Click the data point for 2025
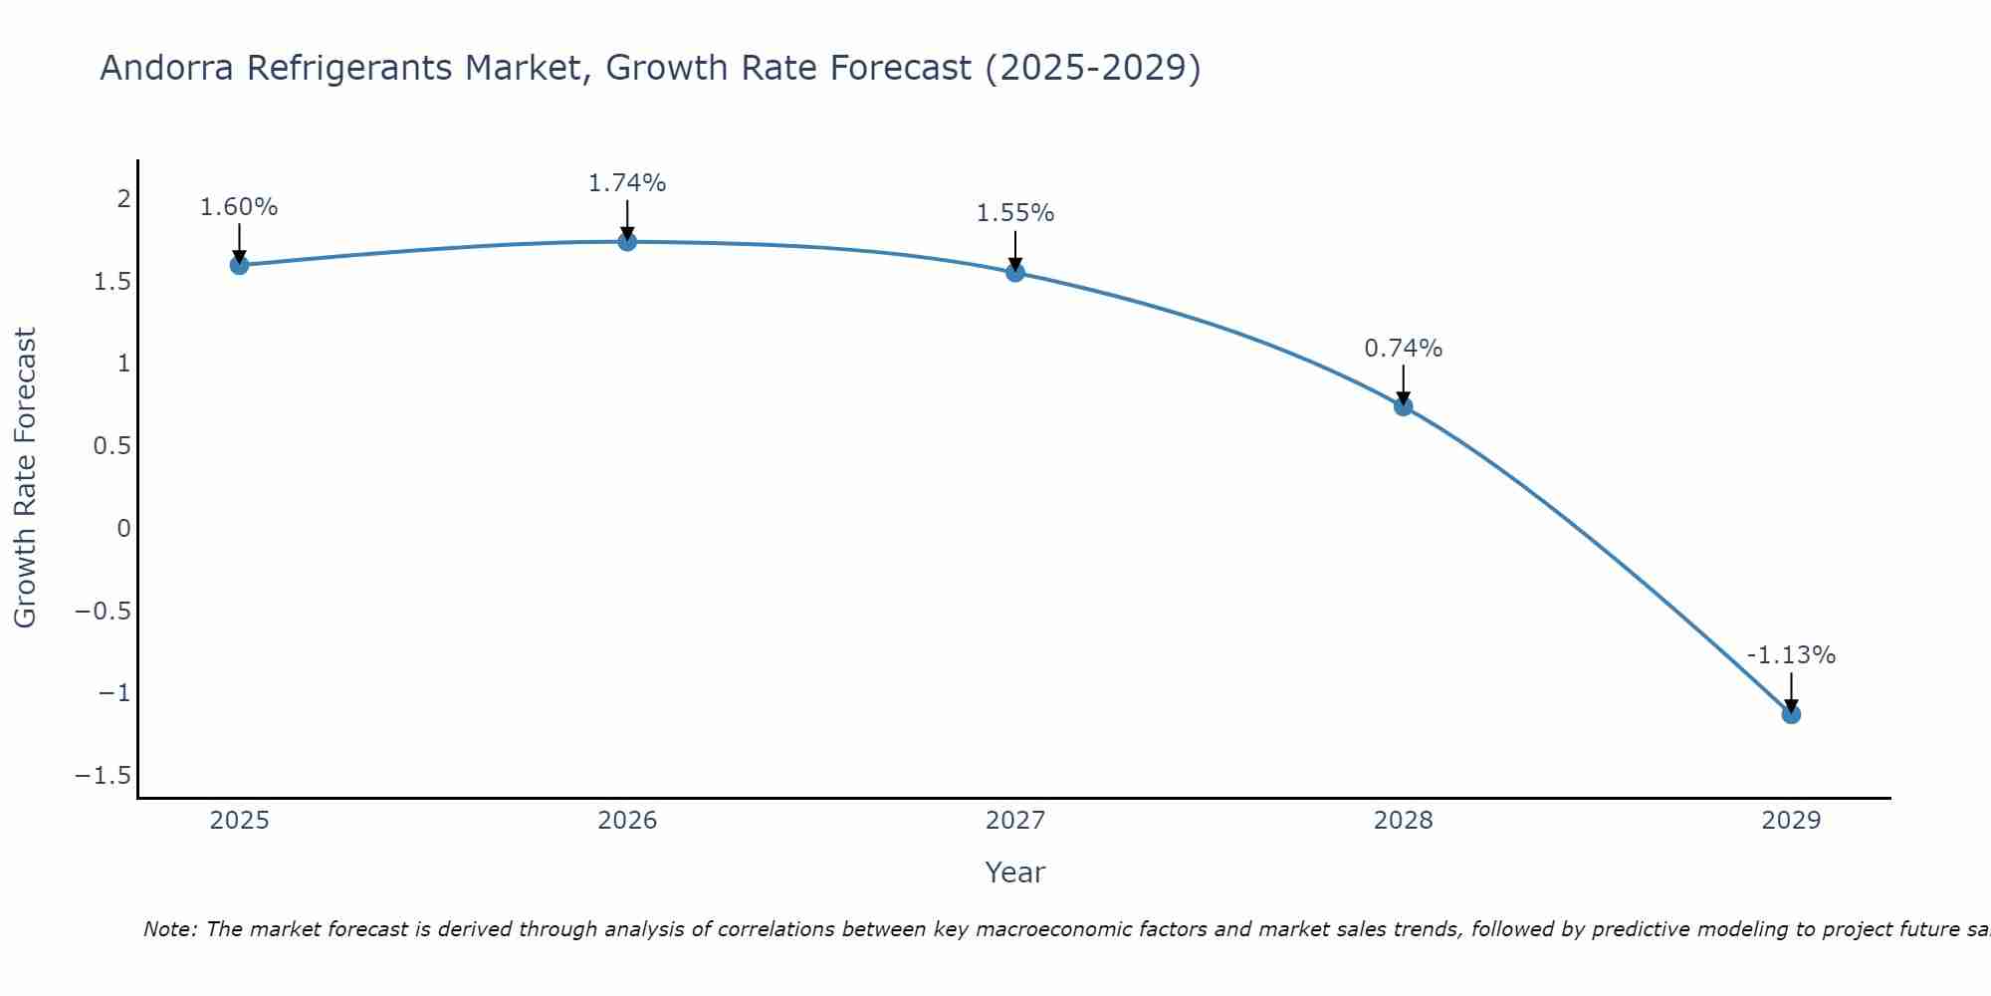tap(239, 265)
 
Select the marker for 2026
tap(627, 241)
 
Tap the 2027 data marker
tap(1015, 272)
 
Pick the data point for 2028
tap(1404, 405)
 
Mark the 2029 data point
tap(1791, 714)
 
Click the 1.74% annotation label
tap(627, 183)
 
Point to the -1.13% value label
tap(1791, 655)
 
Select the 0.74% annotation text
tap(1404, 349)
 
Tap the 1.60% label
tap(239, 207)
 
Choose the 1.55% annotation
tap(1015, 213)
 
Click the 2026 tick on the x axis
tap(627, 821)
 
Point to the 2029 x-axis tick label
tap(1791, 821)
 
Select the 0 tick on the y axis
tap(123, 528)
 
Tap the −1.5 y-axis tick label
tap(104, 776)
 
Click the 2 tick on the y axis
tap(123, 199)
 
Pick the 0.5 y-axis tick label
tap(112, 445)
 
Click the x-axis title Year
tap(1014, 872)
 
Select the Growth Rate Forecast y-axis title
tap(25, 478)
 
